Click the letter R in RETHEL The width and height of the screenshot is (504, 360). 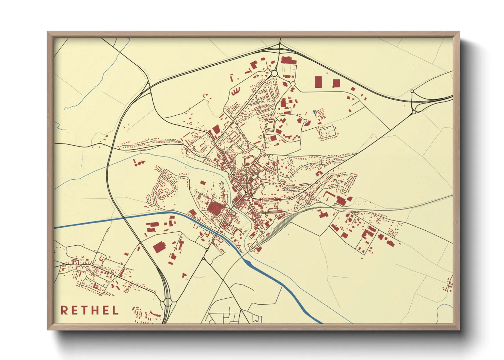tap(64, 310)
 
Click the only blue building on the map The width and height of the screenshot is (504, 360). tap(314, 112)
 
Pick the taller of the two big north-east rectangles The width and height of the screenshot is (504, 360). tap(318, 82)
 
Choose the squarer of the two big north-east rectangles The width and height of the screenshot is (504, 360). tap(336, 83)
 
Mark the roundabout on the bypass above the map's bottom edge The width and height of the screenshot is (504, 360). tap(168, 302)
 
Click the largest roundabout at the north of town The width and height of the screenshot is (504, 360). tap(274, 73)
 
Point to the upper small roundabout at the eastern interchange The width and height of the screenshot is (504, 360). tap(412, 92)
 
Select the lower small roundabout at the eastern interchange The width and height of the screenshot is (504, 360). tap(414, 112)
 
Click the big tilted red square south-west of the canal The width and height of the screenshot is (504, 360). tap(159, 247)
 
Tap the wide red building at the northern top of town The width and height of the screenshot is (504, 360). tap(288, 61)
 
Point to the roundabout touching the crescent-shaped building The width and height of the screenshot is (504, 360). tap(305, 120)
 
